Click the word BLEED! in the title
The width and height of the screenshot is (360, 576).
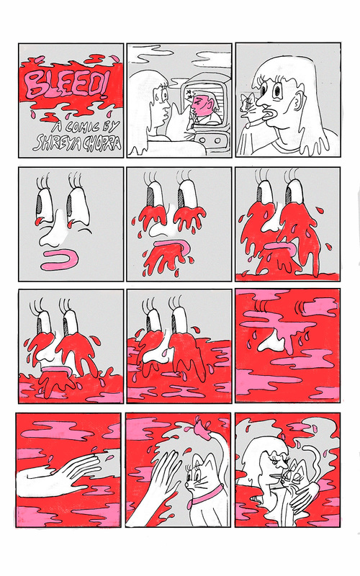click(x=67, y=84)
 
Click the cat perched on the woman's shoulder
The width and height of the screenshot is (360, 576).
click(x=248, y=109)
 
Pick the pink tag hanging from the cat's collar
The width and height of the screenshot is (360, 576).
click(x=189, y=505)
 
